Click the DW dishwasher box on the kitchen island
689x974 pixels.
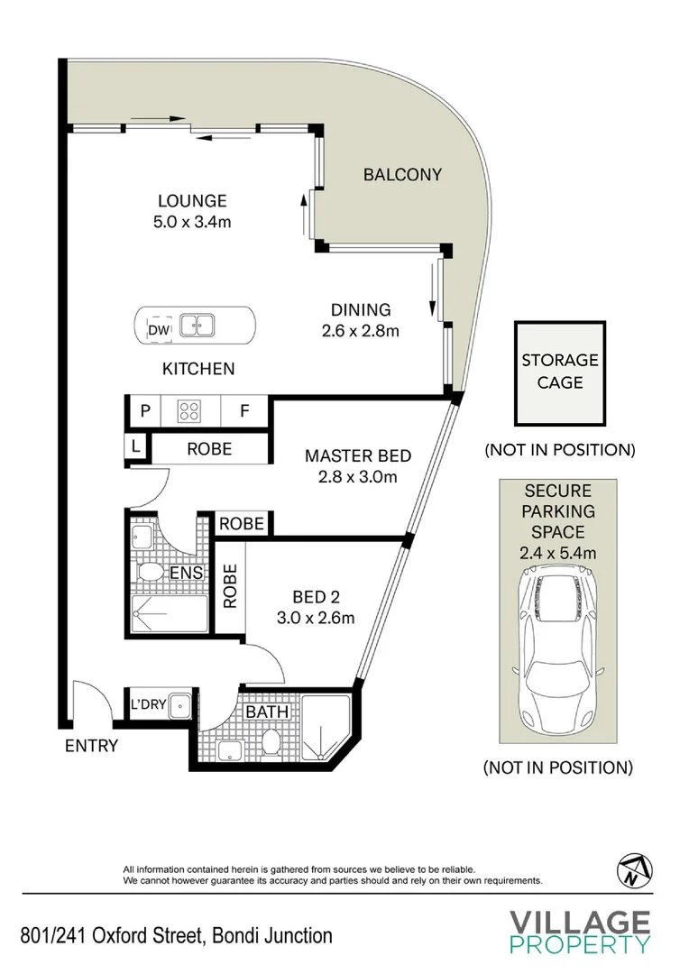159,330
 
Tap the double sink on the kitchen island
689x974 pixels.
197,326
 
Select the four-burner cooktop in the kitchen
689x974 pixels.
189,410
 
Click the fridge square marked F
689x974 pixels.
244,410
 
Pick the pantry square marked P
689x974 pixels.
145,410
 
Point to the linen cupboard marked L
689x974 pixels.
135,446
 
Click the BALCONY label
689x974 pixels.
402,175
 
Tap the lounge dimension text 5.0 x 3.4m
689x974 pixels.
192,222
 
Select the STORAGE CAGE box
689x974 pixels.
560,373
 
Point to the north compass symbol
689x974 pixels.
634,870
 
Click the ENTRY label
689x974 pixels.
91,746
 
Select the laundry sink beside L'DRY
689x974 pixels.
180,705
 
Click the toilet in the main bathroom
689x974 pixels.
271,741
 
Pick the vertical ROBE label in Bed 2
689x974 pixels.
230,586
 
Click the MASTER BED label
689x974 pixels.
358,456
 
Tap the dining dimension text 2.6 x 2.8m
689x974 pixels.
361,330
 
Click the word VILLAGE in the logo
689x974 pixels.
580,922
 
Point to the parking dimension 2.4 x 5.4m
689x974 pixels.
558,552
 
